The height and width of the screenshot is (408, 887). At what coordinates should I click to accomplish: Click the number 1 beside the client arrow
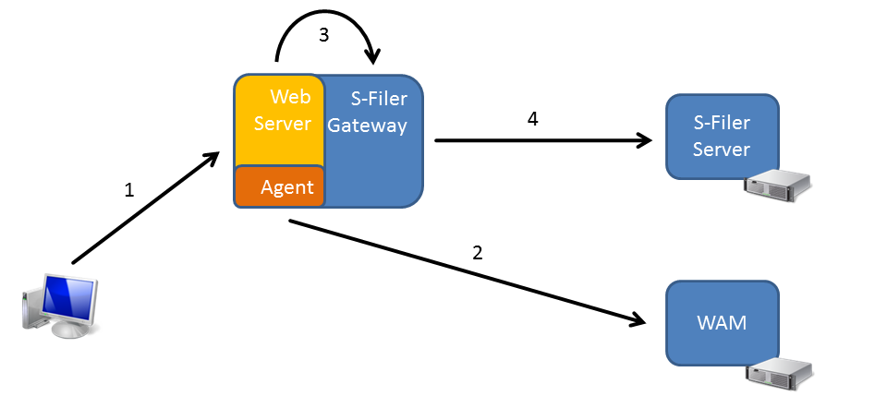pyautogui.click(x=129, y=190)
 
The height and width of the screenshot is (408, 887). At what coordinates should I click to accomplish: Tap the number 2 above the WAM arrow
pyautogui.click(x=478, y=253)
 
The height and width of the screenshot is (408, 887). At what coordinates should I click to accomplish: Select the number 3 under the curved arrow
pyautogui.click(x=323, y=35)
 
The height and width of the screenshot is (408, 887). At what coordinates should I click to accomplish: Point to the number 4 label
pyautogui.click(x=532, y=119)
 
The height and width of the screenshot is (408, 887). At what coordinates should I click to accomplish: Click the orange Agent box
pyautogui.click(x=279, y=186)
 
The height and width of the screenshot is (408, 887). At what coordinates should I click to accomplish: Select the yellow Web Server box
pyautogui.click(x=279, y=121)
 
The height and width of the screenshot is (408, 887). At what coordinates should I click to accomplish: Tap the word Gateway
pyautogui.click(x=367, y=126)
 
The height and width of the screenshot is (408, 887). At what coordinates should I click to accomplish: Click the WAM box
pyautogui.click(x=722, y=323)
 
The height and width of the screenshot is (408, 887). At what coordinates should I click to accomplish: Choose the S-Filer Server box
pyautogui.click(x=722, y=137)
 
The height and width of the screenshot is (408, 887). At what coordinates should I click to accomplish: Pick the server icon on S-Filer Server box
pyautogui.click(x=778, y=186)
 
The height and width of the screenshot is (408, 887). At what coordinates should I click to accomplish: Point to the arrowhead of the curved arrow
pyautogui.click(x=372, y=55)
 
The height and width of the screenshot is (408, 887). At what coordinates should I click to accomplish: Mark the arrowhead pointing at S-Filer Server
pyautogui.click(x=644, y=140)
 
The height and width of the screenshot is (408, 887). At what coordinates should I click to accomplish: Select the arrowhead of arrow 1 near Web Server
pyautogui.click(x=211, y=159)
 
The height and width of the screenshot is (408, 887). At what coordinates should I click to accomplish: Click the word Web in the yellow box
pyautogui.click(x=291, y=97)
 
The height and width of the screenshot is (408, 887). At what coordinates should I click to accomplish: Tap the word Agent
pyautogui.click(x=287, y=187)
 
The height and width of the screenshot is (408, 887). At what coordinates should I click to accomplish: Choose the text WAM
pyautogui.click(x=722, y=323)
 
